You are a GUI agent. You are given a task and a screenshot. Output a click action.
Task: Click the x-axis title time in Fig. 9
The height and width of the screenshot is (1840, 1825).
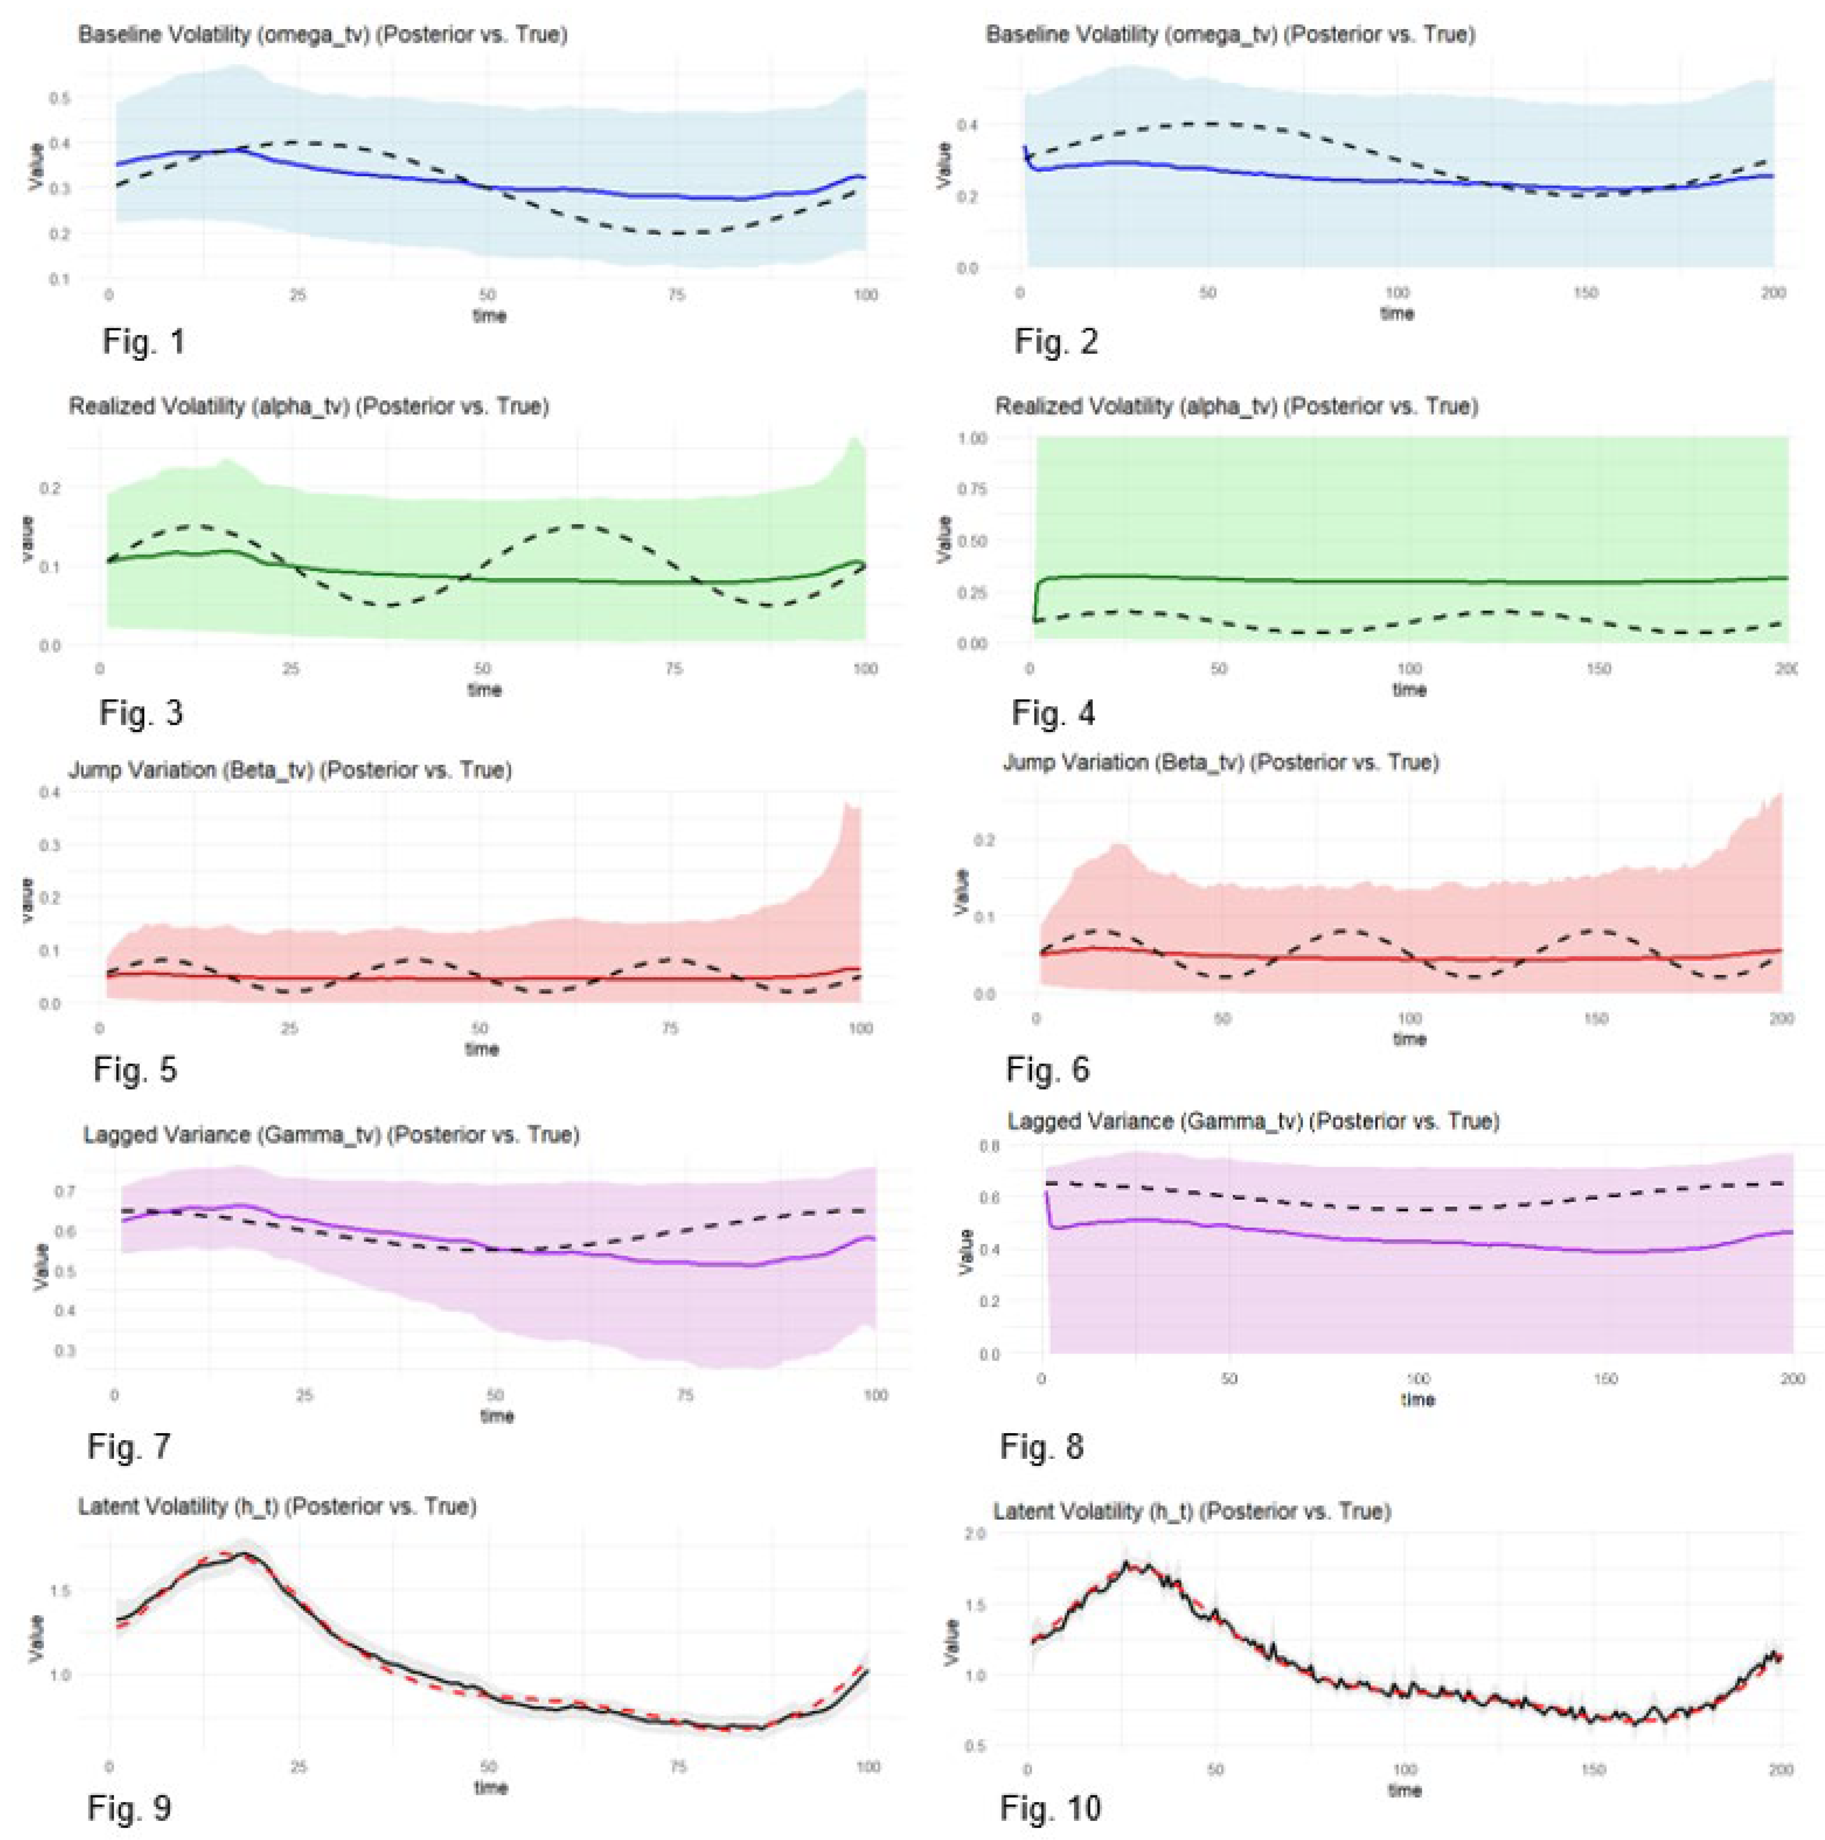tap(490, 1788)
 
